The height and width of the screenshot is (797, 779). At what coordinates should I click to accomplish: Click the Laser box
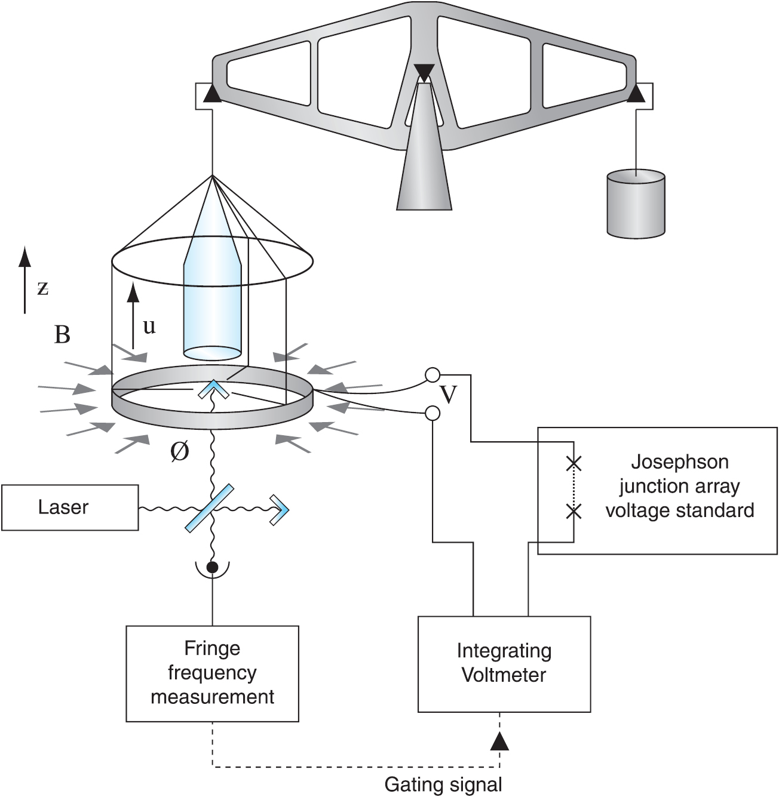pyautogui.click(x=70, y=507)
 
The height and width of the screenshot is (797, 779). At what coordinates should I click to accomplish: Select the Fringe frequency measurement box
pyautogui.click(x=212, y=673)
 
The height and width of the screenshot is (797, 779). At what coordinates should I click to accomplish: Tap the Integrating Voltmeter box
pyautogui.click(x=504, y=664)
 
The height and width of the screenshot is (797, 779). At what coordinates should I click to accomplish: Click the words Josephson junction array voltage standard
pyautogui.click(x=679, y=487)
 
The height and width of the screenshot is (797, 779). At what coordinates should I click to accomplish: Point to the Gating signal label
pyautogui.click(x=443, y=783)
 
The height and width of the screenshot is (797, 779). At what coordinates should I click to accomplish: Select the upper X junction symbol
pyautogui.click(x=573, y=463)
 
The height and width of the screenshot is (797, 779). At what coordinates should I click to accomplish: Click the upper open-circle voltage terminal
pyautogui.click(x=433, y=375)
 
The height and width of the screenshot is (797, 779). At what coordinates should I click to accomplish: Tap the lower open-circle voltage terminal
pyautogui.click(x=433, y=413)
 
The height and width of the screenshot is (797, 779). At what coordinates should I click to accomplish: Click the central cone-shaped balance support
pyautogui.click(x=424, y=155)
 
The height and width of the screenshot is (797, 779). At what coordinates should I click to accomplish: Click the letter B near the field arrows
pyautogui.click(x=62, y=335)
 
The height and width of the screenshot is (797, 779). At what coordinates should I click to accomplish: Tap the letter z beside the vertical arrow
pyautogui.click(x=42, y=288)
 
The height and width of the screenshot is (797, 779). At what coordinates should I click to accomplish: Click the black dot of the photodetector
pyautogui.click(x=212, y=566)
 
